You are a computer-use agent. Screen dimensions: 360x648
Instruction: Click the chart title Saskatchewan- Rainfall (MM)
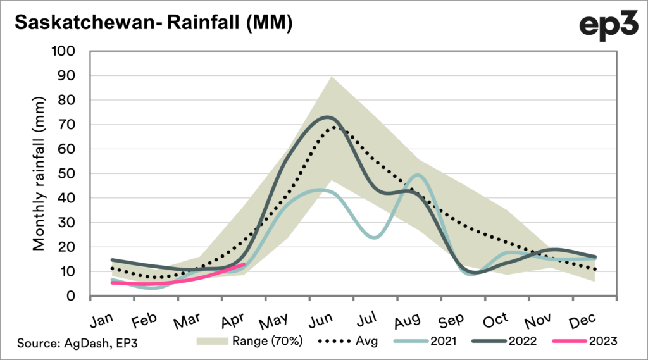pos(153,23)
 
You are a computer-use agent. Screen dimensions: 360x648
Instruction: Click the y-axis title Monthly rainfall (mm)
pos(39,173)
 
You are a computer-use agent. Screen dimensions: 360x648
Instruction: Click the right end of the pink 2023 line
pos(244,265)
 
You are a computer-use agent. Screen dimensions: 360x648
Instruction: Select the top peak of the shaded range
pos(332,77)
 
